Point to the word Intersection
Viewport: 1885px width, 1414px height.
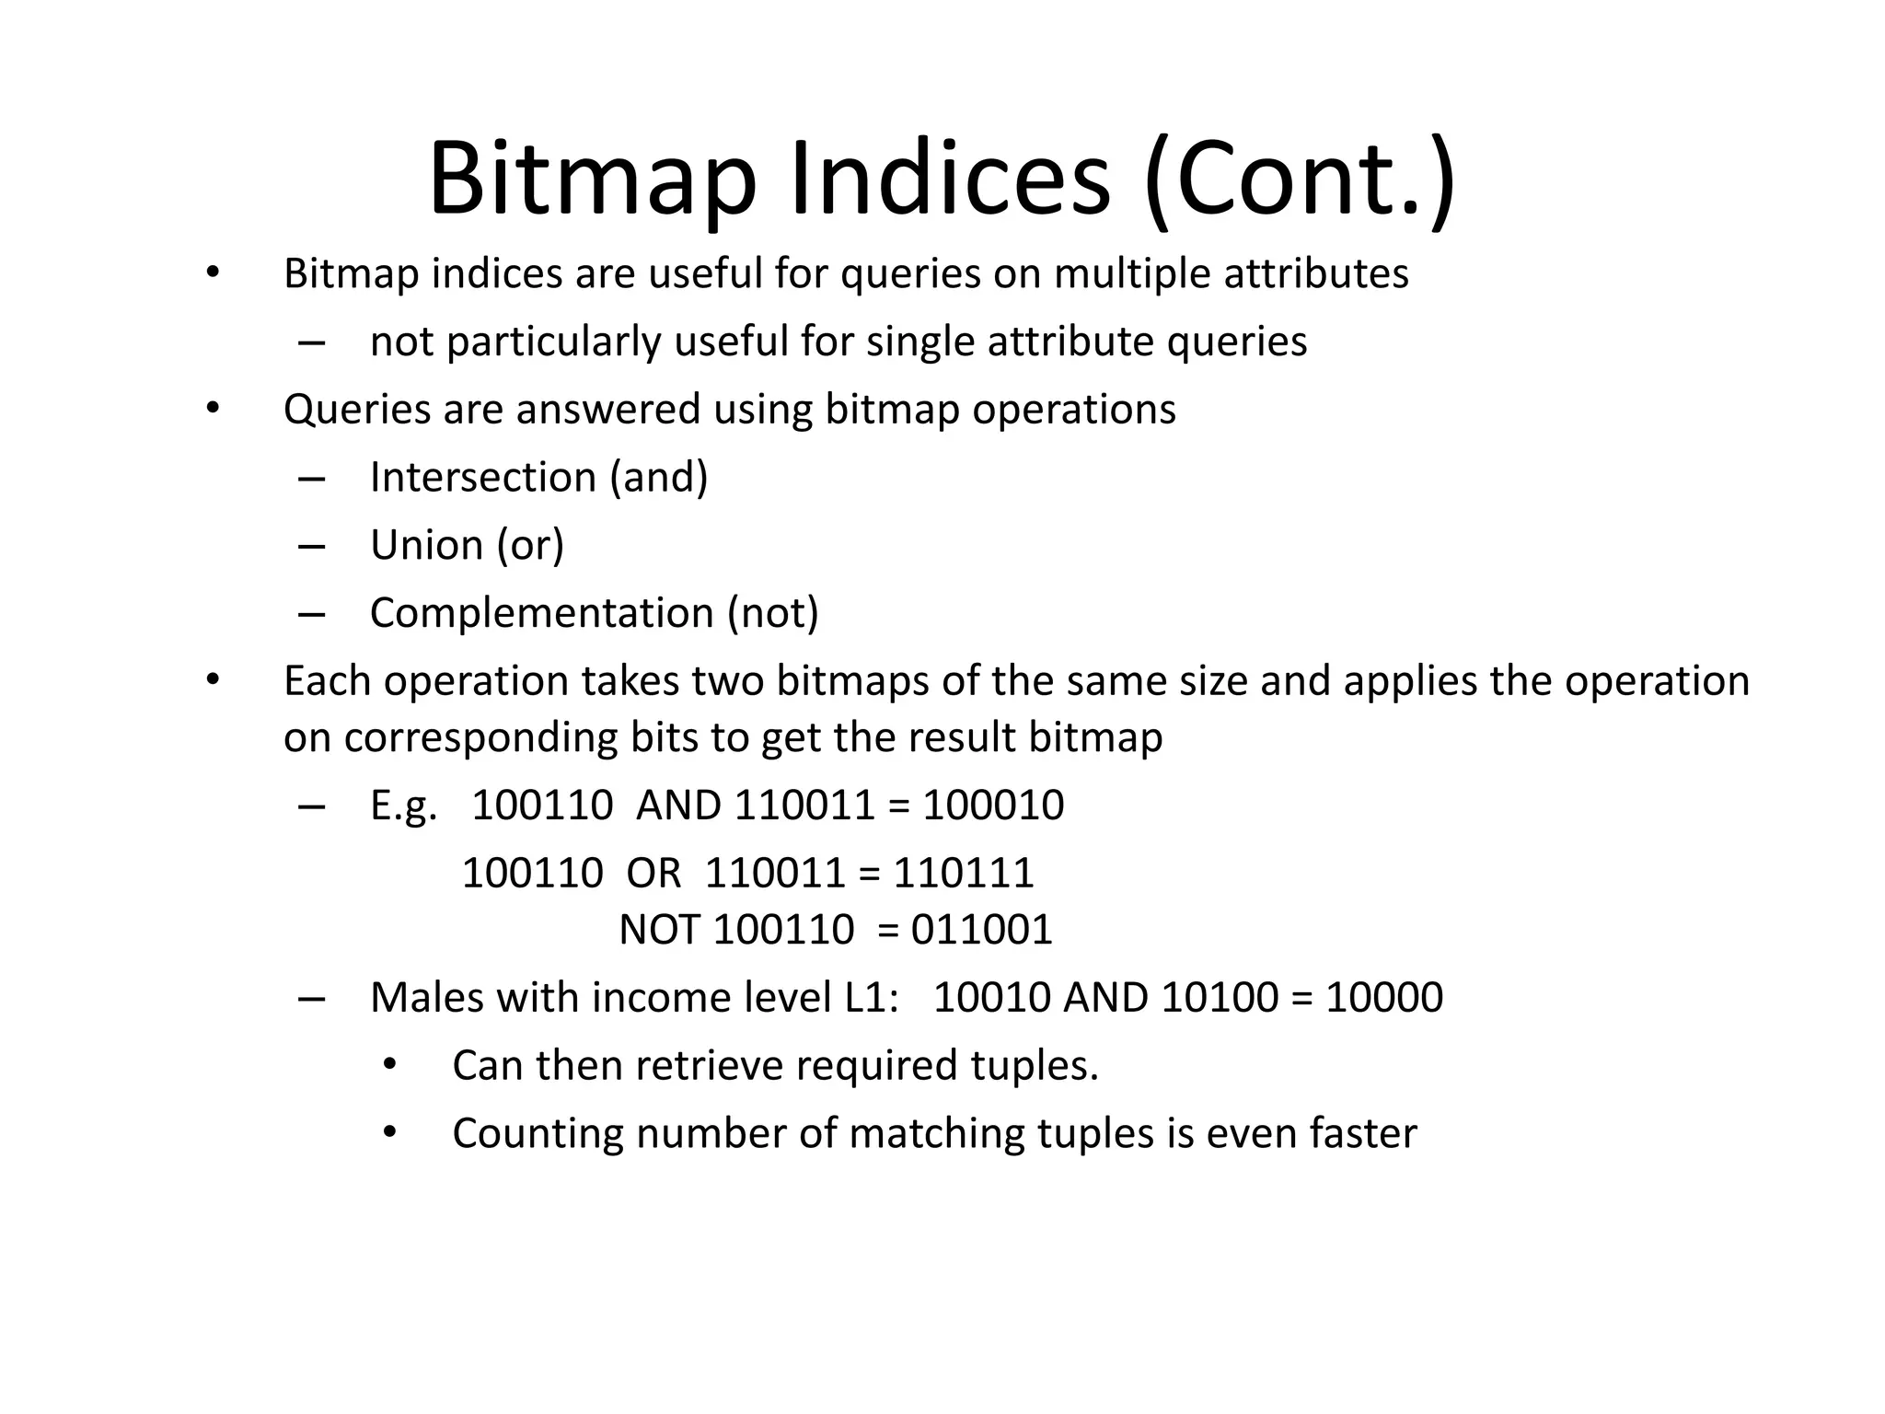point(483,477)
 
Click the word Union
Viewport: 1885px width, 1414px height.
point(426,545)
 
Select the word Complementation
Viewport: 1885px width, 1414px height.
point(541,613)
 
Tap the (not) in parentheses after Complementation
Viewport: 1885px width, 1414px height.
point(772,613)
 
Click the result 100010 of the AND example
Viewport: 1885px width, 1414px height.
point(993,806)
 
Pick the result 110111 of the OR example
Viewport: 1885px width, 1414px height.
point(964,873)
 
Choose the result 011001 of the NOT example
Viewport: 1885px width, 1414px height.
point(981,930)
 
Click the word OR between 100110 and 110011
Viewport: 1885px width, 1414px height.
point(653,873)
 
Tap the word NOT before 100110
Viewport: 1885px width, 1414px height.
point(659,930)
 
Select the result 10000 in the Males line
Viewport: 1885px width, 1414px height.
point(1383,998)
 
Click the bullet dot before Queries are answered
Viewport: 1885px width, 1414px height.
point(213,408)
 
